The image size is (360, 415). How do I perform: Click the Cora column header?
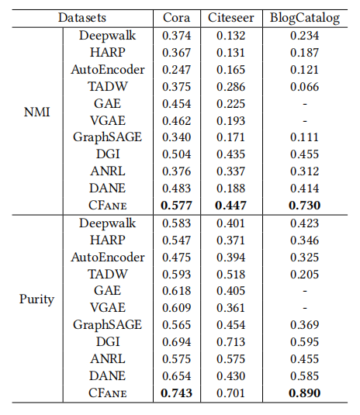point(176,18)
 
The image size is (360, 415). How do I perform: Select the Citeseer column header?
point(231,18)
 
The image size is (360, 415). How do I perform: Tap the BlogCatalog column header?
point(305,19)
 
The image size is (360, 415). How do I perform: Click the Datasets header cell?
point(82,18)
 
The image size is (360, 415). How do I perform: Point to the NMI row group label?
point(36,112)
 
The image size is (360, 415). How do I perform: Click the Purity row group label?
point(36,299)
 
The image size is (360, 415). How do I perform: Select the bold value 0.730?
point(304,205)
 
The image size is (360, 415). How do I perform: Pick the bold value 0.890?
point(304,393)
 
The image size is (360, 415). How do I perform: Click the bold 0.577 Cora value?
point(176,205)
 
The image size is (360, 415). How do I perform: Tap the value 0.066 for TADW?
point(304,87)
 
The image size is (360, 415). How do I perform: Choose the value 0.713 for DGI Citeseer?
point(231,341)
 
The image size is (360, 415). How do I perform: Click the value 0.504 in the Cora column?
point(176,154)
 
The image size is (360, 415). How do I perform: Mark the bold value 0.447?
point(231,205)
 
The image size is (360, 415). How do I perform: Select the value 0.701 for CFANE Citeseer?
point(231,393)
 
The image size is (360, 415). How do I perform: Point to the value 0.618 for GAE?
point(176,291)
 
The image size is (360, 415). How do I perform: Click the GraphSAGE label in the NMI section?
point(108,137)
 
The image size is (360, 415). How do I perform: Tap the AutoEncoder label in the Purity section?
point(108,257)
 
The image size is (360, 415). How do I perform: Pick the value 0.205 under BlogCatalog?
point(304,274)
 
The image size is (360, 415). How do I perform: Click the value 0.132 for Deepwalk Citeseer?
point(231,36)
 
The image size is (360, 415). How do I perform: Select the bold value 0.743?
point(176,393)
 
